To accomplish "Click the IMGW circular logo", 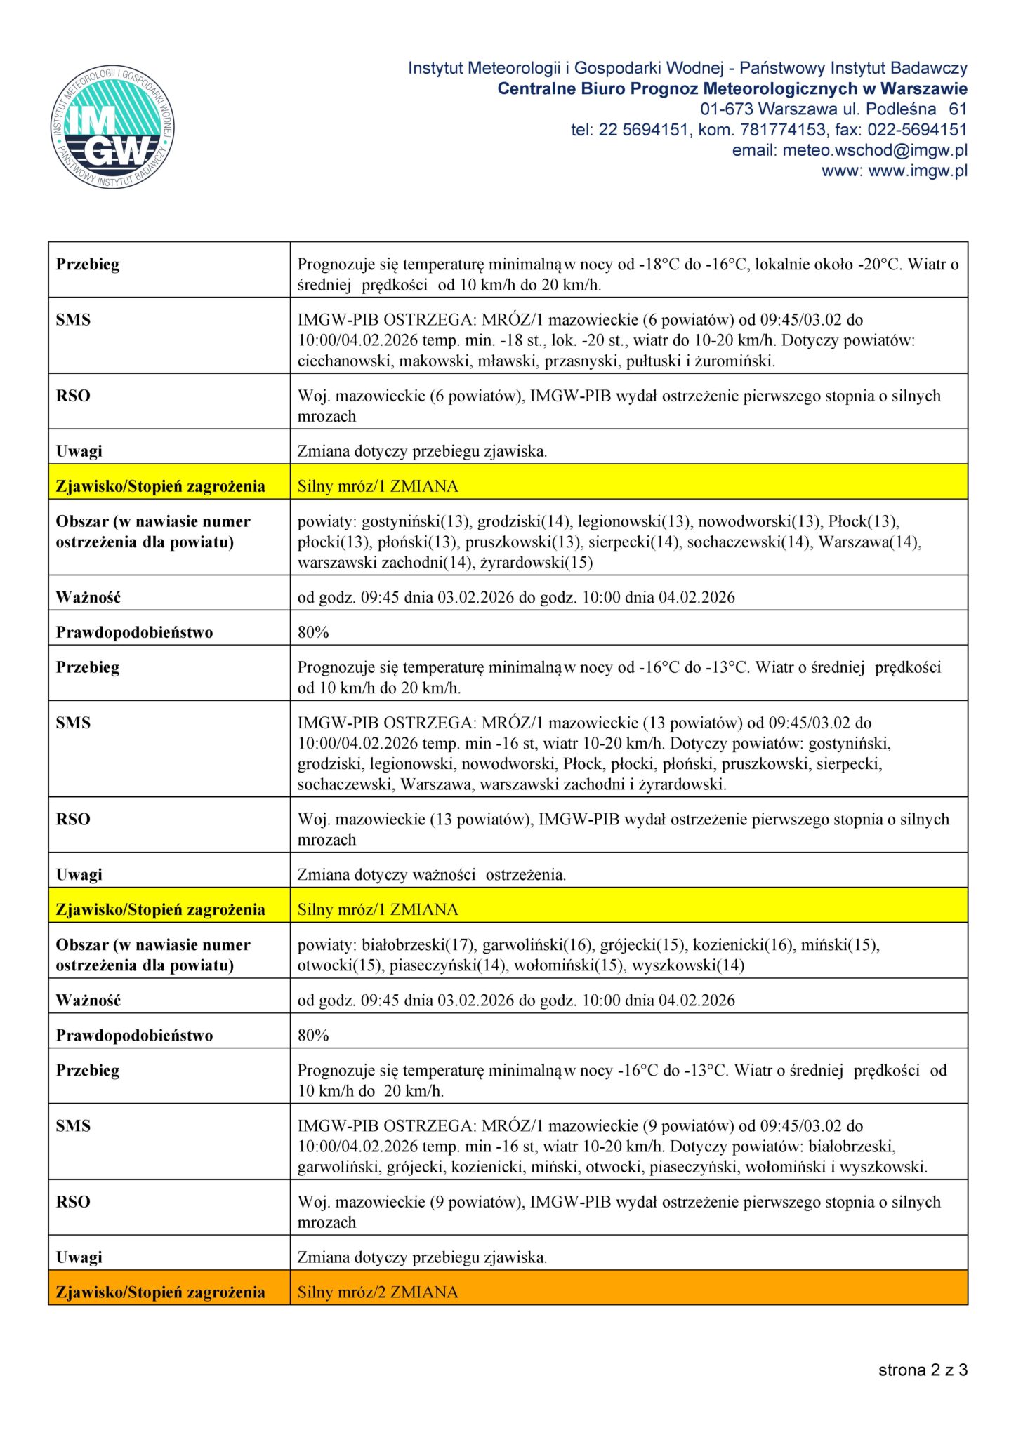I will pyautogui.click(x=112, y=128).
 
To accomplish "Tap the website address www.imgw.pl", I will pyautogui.click(x=918, y=171).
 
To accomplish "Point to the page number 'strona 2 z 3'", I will pyautogui.click(x=923, y=1370).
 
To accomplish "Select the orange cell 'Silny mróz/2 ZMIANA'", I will pyautogui.click(x=378, y=1292).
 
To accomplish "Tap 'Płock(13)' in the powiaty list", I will pyautogui.click(x=864, y=521).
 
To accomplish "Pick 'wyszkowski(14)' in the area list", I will pyautogui.click(x=688, y=965).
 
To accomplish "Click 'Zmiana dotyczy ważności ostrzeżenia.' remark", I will pyautogui.click(x=432, y=875).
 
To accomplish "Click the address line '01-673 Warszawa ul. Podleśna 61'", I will pyautogui.click(x=833, y=109).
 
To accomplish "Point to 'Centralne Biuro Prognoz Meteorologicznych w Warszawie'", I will pyautogui.click(x=732, y=89).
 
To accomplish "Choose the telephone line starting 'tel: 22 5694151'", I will pyautogui.click(x=769, y=130).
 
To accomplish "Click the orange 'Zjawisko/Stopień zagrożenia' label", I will pyautogui.click(x=161, y=1292).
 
